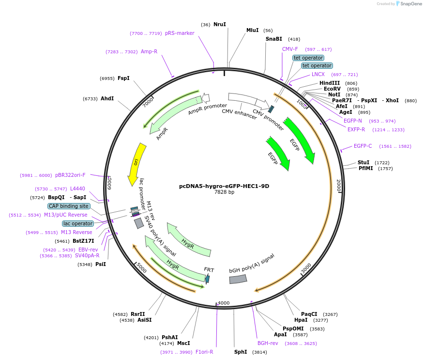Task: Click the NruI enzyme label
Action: click(x=219, y=24)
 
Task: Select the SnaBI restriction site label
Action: click(x=273, y=39)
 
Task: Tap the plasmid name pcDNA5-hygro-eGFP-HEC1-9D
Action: click(x=224, y=186)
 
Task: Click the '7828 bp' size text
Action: click(x=224, y=192)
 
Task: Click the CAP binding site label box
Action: click(x=68, y=206)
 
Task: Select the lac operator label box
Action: click(x=78, y=223)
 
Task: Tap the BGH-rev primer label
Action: click(x=268, y=343)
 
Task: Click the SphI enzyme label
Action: click(x=241, y=352)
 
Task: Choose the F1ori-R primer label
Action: click(x=204, y=352)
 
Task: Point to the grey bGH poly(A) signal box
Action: click(x=238, y=279)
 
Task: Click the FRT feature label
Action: click(x=209, y=269)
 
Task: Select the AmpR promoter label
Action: click(x=207, y=109)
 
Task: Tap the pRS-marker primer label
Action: click(x=180, y=33)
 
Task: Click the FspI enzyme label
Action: click(x=123, y=78)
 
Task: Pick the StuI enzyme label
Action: click(x=363, y=162)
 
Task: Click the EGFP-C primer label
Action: click(x=363, y=146)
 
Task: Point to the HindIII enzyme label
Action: click(x=330, y=83)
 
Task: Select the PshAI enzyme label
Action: click(x=169, y=337)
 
